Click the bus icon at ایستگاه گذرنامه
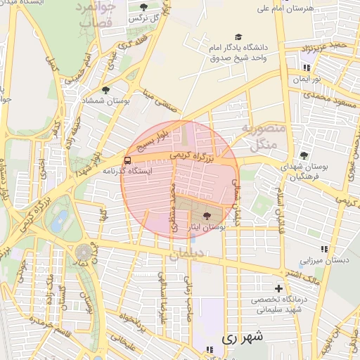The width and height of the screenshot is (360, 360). pyautogui.click(x=127, y=160)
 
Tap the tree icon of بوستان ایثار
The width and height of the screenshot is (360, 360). pyautogui.click(x=207, y=216)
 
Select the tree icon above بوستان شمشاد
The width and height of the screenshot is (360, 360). pyautogui.click(x=105, y=90)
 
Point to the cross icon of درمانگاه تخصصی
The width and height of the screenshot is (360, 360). pyautogui.click(x=279, y=288)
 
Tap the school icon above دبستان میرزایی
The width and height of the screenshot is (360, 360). pyautogui.click(x=324, y=249)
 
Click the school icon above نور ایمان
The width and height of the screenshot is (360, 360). pyautogui.click(x=306, y=67)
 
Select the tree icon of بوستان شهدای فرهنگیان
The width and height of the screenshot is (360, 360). pyautogui.click(x=304, y=155)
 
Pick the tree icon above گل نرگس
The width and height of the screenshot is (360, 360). pyautogui.click(x=143, y=7)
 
